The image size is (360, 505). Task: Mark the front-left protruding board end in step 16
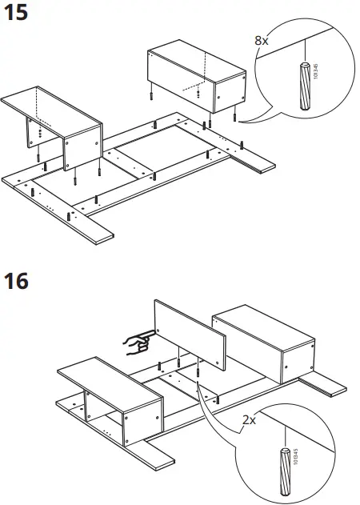click(152, 453)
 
